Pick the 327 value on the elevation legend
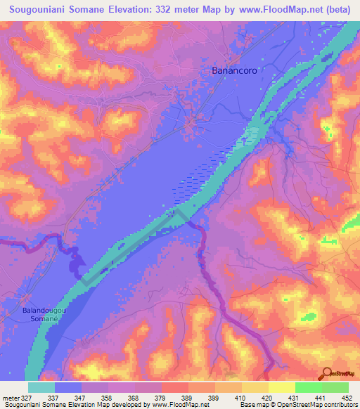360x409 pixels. [27, 398]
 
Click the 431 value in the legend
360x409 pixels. [298, 398]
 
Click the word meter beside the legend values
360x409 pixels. [9, 398]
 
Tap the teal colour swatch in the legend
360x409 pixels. [41, 387]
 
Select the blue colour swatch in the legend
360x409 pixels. [68, 387]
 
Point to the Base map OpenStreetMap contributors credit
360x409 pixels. [298, 405]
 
